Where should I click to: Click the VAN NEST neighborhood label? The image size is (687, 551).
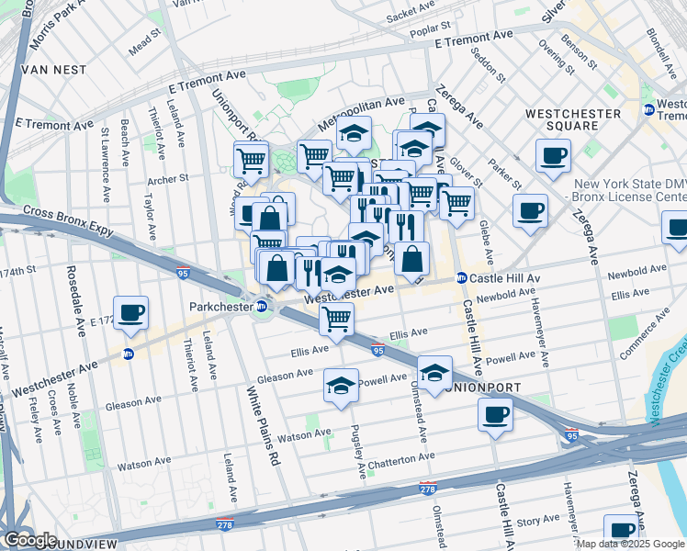point(56,69)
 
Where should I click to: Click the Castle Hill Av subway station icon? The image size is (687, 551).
point(463,278)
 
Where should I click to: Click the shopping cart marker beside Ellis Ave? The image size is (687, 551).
point(336,320)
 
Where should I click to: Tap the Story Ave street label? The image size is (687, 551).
point(533,521)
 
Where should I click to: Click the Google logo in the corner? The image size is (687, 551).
point(30,539)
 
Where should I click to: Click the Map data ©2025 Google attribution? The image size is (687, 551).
point(630,543)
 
